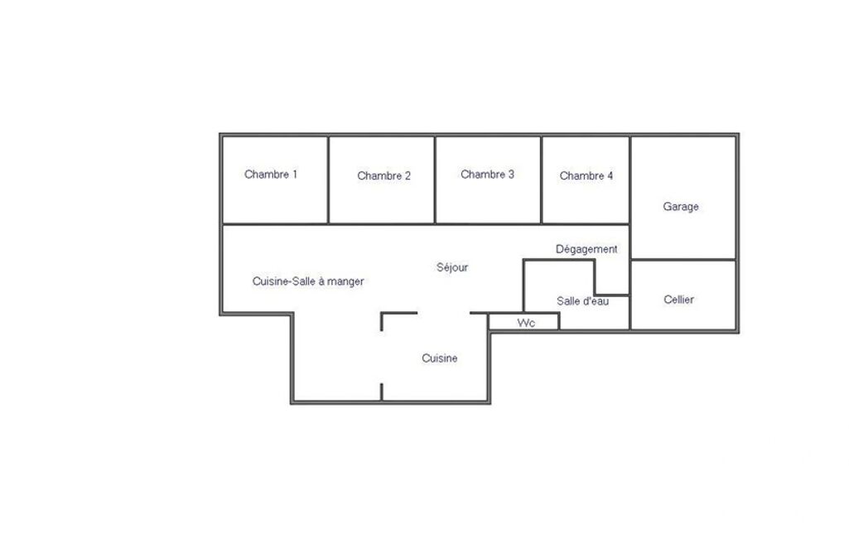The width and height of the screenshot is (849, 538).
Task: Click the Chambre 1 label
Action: [x=271, y=175]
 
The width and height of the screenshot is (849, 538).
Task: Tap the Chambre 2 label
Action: [x=383, y=176]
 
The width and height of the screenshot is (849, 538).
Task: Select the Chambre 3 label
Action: [x=487, y=175]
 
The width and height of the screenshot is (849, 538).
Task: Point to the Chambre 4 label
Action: [x=586, y=176]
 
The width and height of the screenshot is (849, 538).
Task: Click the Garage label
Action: [x=681, y=207]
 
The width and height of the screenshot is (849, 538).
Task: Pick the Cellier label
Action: [x=679, y=300]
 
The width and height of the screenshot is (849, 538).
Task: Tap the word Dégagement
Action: [x=586, y=249]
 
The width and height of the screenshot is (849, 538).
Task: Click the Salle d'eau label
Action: [x=582, y=301]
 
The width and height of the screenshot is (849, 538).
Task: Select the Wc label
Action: [x=526, y=323]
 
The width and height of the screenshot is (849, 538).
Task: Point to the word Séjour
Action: [x=452, y=267]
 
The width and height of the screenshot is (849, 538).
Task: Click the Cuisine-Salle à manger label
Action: [x=308, y=281]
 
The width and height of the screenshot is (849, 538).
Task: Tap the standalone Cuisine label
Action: [x=440, y=358]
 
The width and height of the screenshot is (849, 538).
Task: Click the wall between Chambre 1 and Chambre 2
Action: [x=328, y=180]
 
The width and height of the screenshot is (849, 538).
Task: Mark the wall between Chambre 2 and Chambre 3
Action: [x=435, y=180]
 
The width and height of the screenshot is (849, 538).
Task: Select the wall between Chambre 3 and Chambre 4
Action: [x=542, y=180]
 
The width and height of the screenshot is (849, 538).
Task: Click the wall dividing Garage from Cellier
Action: [x=683, y=260]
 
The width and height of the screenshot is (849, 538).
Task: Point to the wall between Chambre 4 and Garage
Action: [x=630, y=180]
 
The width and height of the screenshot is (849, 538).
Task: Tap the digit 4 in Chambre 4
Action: [x=610, y=176]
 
